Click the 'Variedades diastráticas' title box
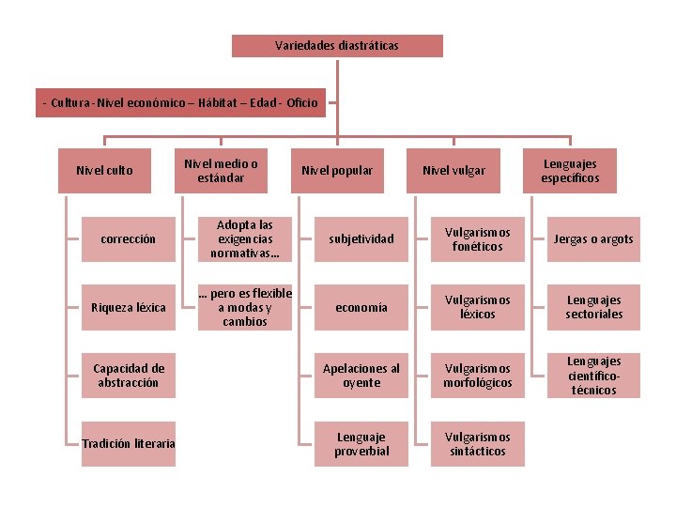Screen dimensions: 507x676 tap(337, 46)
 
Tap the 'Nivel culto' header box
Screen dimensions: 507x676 tap(104, 171)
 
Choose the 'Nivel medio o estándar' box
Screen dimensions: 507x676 tap(221, 171)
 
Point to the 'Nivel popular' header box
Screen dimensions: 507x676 tap(337, 171)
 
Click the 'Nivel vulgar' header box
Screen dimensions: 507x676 tap(453, 171)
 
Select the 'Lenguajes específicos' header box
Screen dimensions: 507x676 tap(570, 171)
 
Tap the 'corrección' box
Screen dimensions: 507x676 tap(128, 239)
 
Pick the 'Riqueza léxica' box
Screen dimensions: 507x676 tap(128, 308)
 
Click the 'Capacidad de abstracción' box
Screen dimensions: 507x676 tap(128, 376)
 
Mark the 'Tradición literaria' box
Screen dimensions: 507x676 tap(128, 444)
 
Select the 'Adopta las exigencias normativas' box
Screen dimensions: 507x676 tap(244, 239)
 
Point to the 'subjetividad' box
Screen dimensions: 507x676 tap(361, 239)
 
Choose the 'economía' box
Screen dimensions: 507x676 tap(361, 308)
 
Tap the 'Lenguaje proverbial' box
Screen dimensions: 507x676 tap(361, 444)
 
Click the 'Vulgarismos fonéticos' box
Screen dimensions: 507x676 tap(477, 239)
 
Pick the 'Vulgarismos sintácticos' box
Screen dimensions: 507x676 tap(477, 444)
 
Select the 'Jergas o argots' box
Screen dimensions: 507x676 tap(593, 239)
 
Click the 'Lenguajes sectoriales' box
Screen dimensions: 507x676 tap(593, 308)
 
